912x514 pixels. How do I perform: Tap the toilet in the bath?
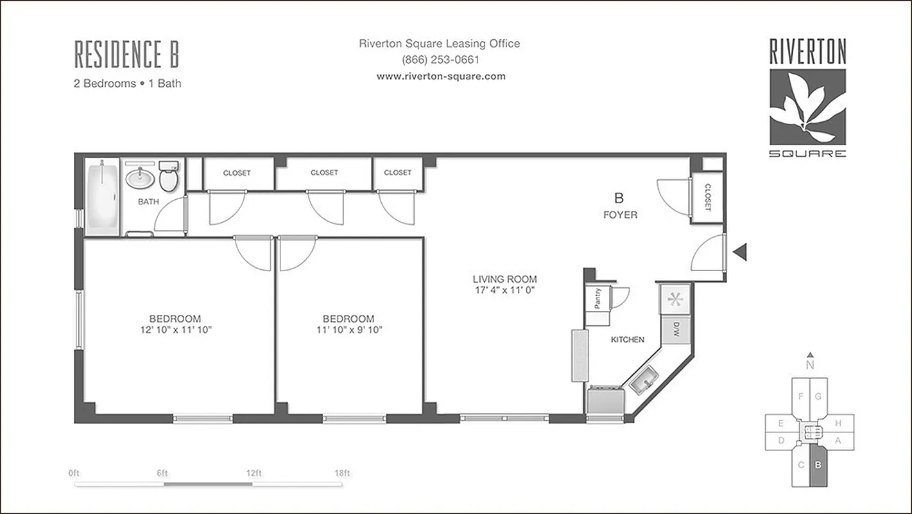tap(169, 178)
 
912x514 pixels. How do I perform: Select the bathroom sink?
tap(139, 177)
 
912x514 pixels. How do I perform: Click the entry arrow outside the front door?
tap(740, 253)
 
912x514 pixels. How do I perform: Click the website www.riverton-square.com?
tap(440, 76)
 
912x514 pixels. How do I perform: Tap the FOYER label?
tap(620, 215)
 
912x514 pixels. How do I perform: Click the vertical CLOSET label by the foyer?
tap(707, 198)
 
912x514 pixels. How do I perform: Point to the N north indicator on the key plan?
tap(811, 364)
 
